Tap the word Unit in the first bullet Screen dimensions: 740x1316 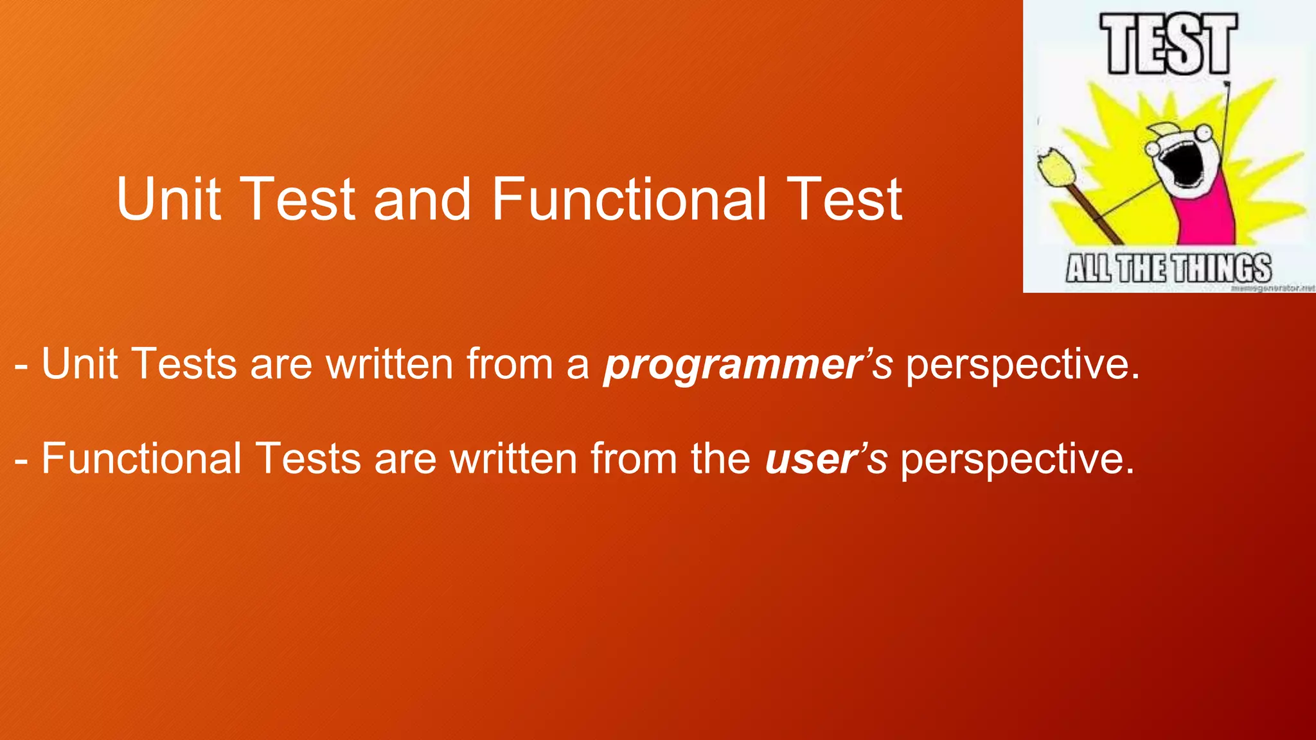(80, 364)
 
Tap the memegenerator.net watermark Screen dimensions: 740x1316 (1272, 288)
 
